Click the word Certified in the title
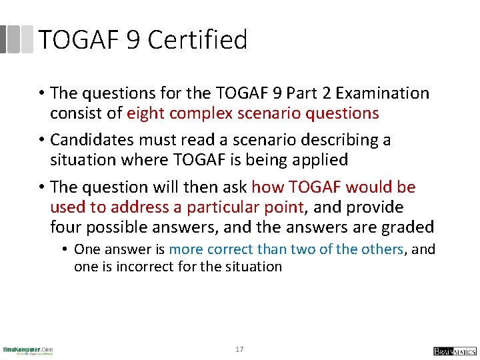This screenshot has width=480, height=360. (x=197, y=40)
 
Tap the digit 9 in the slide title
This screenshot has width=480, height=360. (x=133, y=40)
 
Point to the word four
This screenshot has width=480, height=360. (x=65, y=227)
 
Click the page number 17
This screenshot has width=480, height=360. (x=239, y=349)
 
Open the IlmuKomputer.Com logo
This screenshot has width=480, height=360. (x=27, y=350)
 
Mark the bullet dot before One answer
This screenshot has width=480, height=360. (x=66, y=249)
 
